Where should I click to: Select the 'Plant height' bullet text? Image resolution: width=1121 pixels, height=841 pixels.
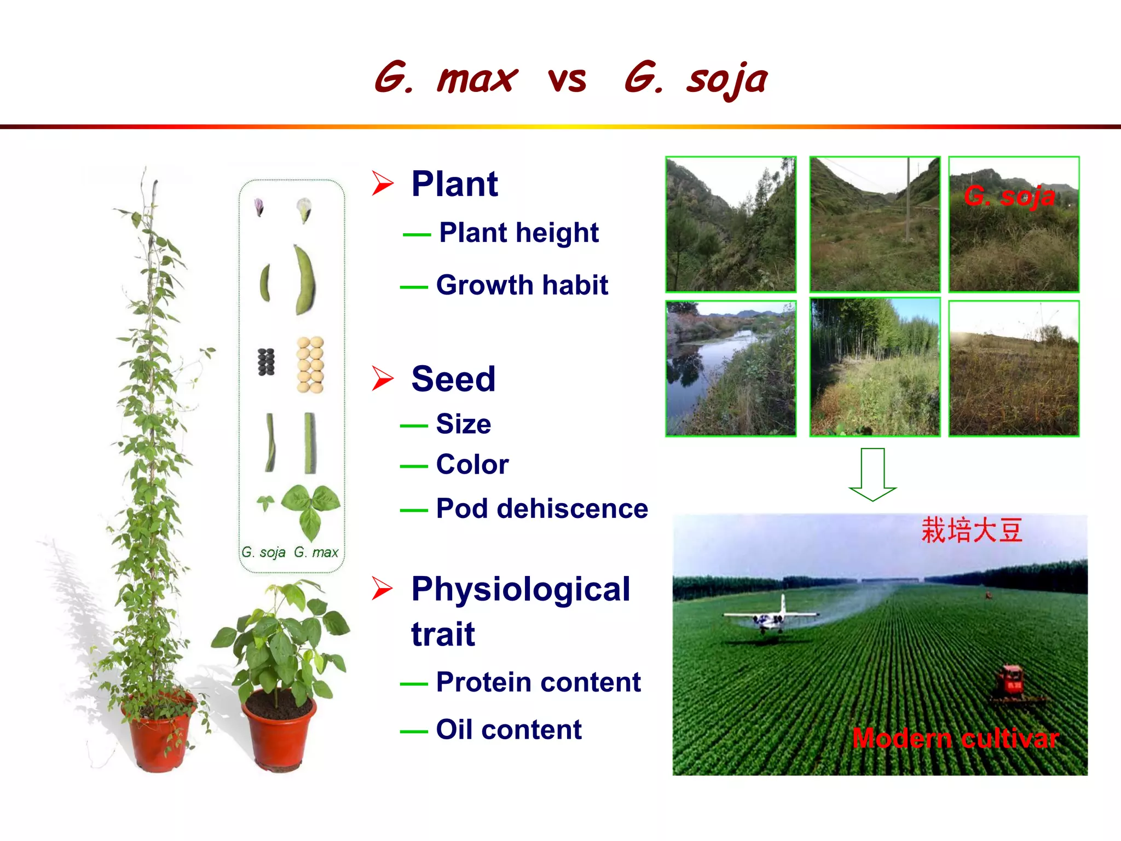click(x=518, y=233)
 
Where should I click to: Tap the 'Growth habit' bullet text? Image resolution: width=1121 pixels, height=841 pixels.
click(x=522, y=285)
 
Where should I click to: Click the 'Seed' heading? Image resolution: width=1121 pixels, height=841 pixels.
click(x=453, y=379)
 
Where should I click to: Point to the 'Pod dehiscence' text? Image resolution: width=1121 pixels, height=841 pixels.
click(x=542, y=509)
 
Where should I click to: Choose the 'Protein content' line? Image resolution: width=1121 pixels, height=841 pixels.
click(x=538, y=682)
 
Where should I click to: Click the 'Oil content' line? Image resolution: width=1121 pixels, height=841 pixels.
click(x=509, y=730)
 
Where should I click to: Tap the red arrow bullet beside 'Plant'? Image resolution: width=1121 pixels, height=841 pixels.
click(x=383, y=183)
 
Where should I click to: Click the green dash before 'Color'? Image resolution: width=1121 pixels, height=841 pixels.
click(x=414, y=466)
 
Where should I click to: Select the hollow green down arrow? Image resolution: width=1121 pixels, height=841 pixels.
click(x=872, y=474)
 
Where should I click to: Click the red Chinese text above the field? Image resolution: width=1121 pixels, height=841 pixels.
click(x=972, y=531)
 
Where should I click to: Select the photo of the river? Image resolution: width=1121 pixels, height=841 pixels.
click(x=731, y=368)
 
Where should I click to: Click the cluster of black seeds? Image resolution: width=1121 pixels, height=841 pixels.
click(x=266, y=362)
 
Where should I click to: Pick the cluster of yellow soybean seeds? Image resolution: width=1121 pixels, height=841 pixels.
click(x=310, y=365)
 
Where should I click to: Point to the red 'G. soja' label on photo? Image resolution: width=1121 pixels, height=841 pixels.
click(x=1009, y=196)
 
